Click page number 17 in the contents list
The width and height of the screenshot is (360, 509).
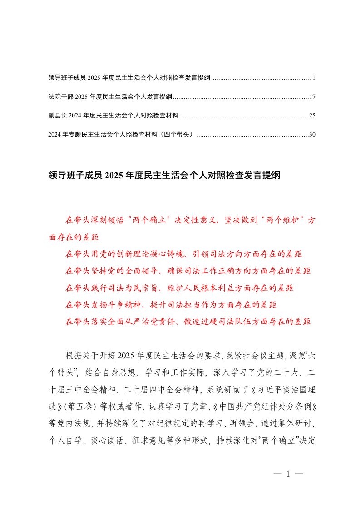point(311,97)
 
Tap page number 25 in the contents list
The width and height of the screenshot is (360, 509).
point(311,116)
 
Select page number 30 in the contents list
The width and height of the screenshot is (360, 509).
point(311,134)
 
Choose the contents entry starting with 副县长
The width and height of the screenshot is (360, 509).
point(113,116)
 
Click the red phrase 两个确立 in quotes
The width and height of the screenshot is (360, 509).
point(148,220)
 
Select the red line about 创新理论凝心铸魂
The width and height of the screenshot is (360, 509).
point(184,254)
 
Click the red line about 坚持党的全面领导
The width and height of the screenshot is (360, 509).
point(188,271)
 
